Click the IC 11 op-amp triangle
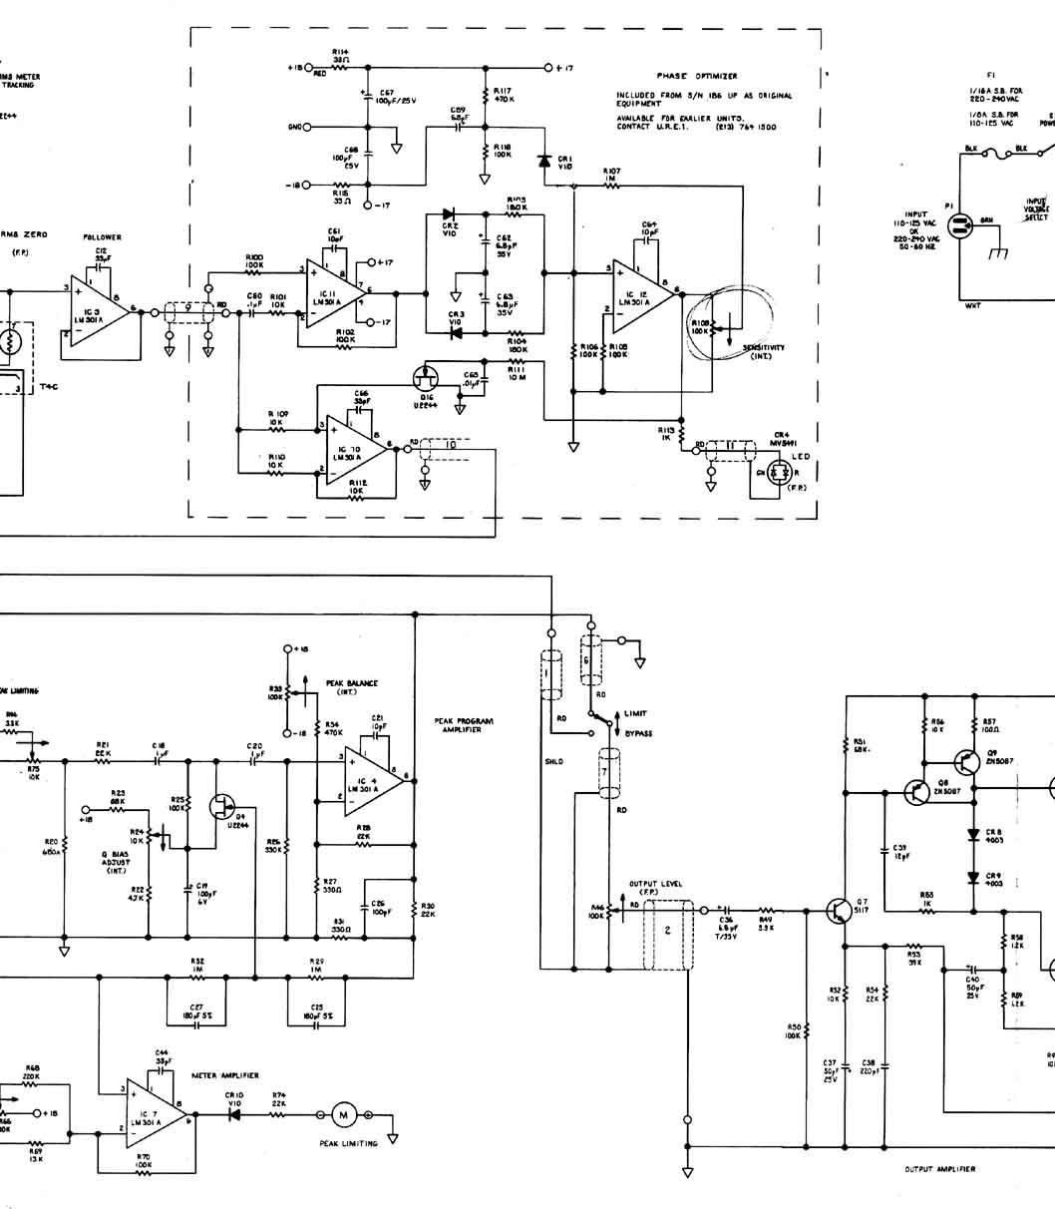point(330,291)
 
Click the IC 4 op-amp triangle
point(370,779)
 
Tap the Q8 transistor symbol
point(917,792)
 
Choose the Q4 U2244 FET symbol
point(221,807)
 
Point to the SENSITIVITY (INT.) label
point(764,351)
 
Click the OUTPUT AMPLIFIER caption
point(939,1169)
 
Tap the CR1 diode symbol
point(544,160)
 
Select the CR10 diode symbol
point(234,1114)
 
